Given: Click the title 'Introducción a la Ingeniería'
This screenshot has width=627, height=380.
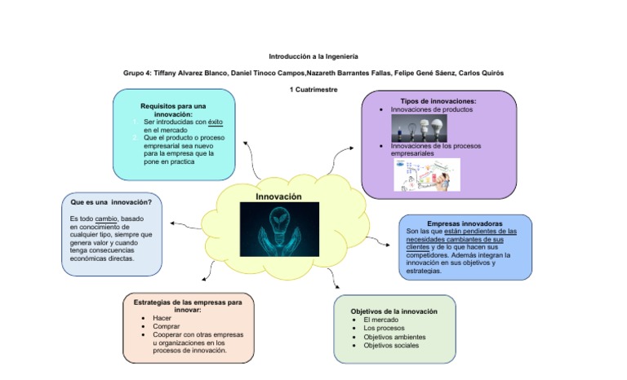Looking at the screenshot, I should click(313, 56).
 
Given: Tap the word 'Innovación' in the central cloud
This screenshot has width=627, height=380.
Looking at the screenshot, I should click(278, 197).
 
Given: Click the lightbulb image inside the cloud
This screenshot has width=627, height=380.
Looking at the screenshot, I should click(278, 230).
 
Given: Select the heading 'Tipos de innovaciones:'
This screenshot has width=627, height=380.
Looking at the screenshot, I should click(438, 101).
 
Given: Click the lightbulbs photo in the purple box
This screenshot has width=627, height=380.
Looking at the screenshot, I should click(419, 127).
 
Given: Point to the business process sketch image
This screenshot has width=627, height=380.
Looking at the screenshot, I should click(426, 175).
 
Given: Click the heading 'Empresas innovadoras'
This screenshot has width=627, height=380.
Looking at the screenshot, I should click(465, 223).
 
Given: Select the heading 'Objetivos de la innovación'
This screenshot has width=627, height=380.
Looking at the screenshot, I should click(394, 312).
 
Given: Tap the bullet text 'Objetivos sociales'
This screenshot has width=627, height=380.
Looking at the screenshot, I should click(391, 346).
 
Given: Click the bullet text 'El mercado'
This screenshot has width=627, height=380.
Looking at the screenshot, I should click(380, 320).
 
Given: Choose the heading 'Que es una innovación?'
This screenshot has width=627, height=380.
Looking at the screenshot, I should click(111, 201).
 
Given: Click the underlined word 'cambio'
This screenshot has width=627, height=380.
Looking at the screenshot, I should click(106, 219).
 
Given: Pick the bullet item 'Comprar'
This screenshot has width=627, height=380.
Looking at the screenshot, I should click(167, 326).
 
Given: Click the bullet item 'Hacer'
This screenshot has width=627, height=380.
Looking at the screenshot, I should click(162, 318).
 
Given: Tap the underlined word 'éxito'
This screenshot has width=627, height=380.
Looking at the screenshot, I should click(216, 122).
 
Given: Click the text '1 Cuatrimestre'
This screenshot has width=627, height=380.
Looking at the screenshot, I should click(313, 89).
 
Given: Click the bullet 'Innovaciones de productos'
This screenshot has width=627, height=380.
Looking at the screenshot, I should click(431, 109).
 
